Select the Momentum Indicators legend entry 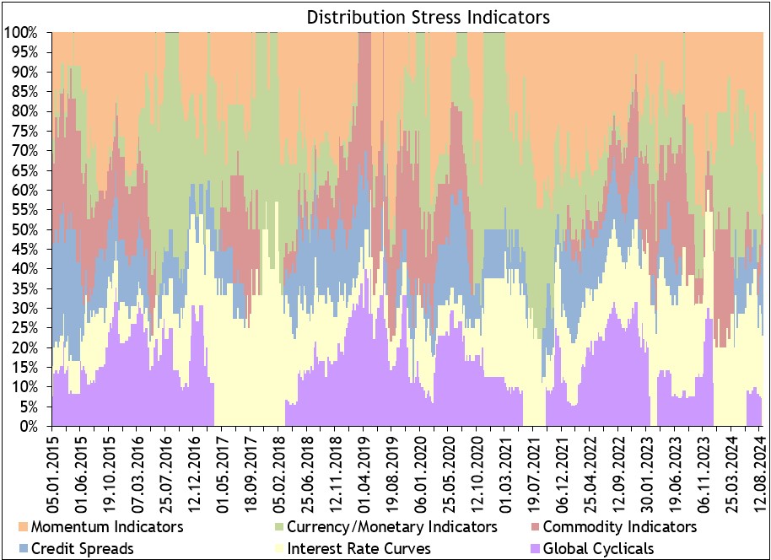105,527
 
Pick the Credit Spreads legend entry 81,548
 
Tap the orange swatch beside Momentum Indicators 21,528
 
